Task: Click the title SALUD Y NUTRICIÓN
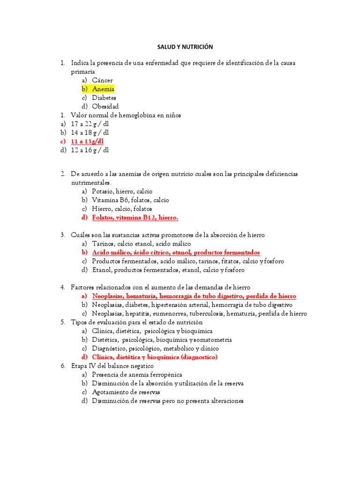pos(185,47)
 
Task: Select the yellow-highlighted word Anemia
pos(103,89)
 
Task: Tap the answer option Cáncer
pos(102,81)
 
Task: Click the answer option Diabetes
pos(104,98)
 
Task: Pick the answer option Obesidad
pos(105,106)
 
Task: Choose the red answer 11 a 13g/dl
pos(87,141)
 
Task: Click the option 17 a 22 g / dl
pos(90,124)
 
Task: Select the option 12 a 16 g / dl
pos(90,150)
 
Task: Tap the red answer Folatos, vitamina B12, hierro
pos(135,217)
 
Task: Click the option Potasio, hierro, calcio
pos(122,192)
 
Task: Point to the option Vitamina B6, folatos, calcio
pos(130,200)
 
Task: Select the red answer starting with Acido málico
pos(176,252)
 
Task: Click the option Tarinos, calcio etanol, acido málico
pos(142,244)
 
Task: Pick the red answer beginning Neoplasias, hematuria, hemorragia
pos(194,296)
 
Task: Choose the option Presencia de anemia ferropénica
pos(137,375)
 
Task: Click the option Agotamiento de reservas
pos(126,392)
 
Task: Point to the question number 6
pos(62,366)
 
